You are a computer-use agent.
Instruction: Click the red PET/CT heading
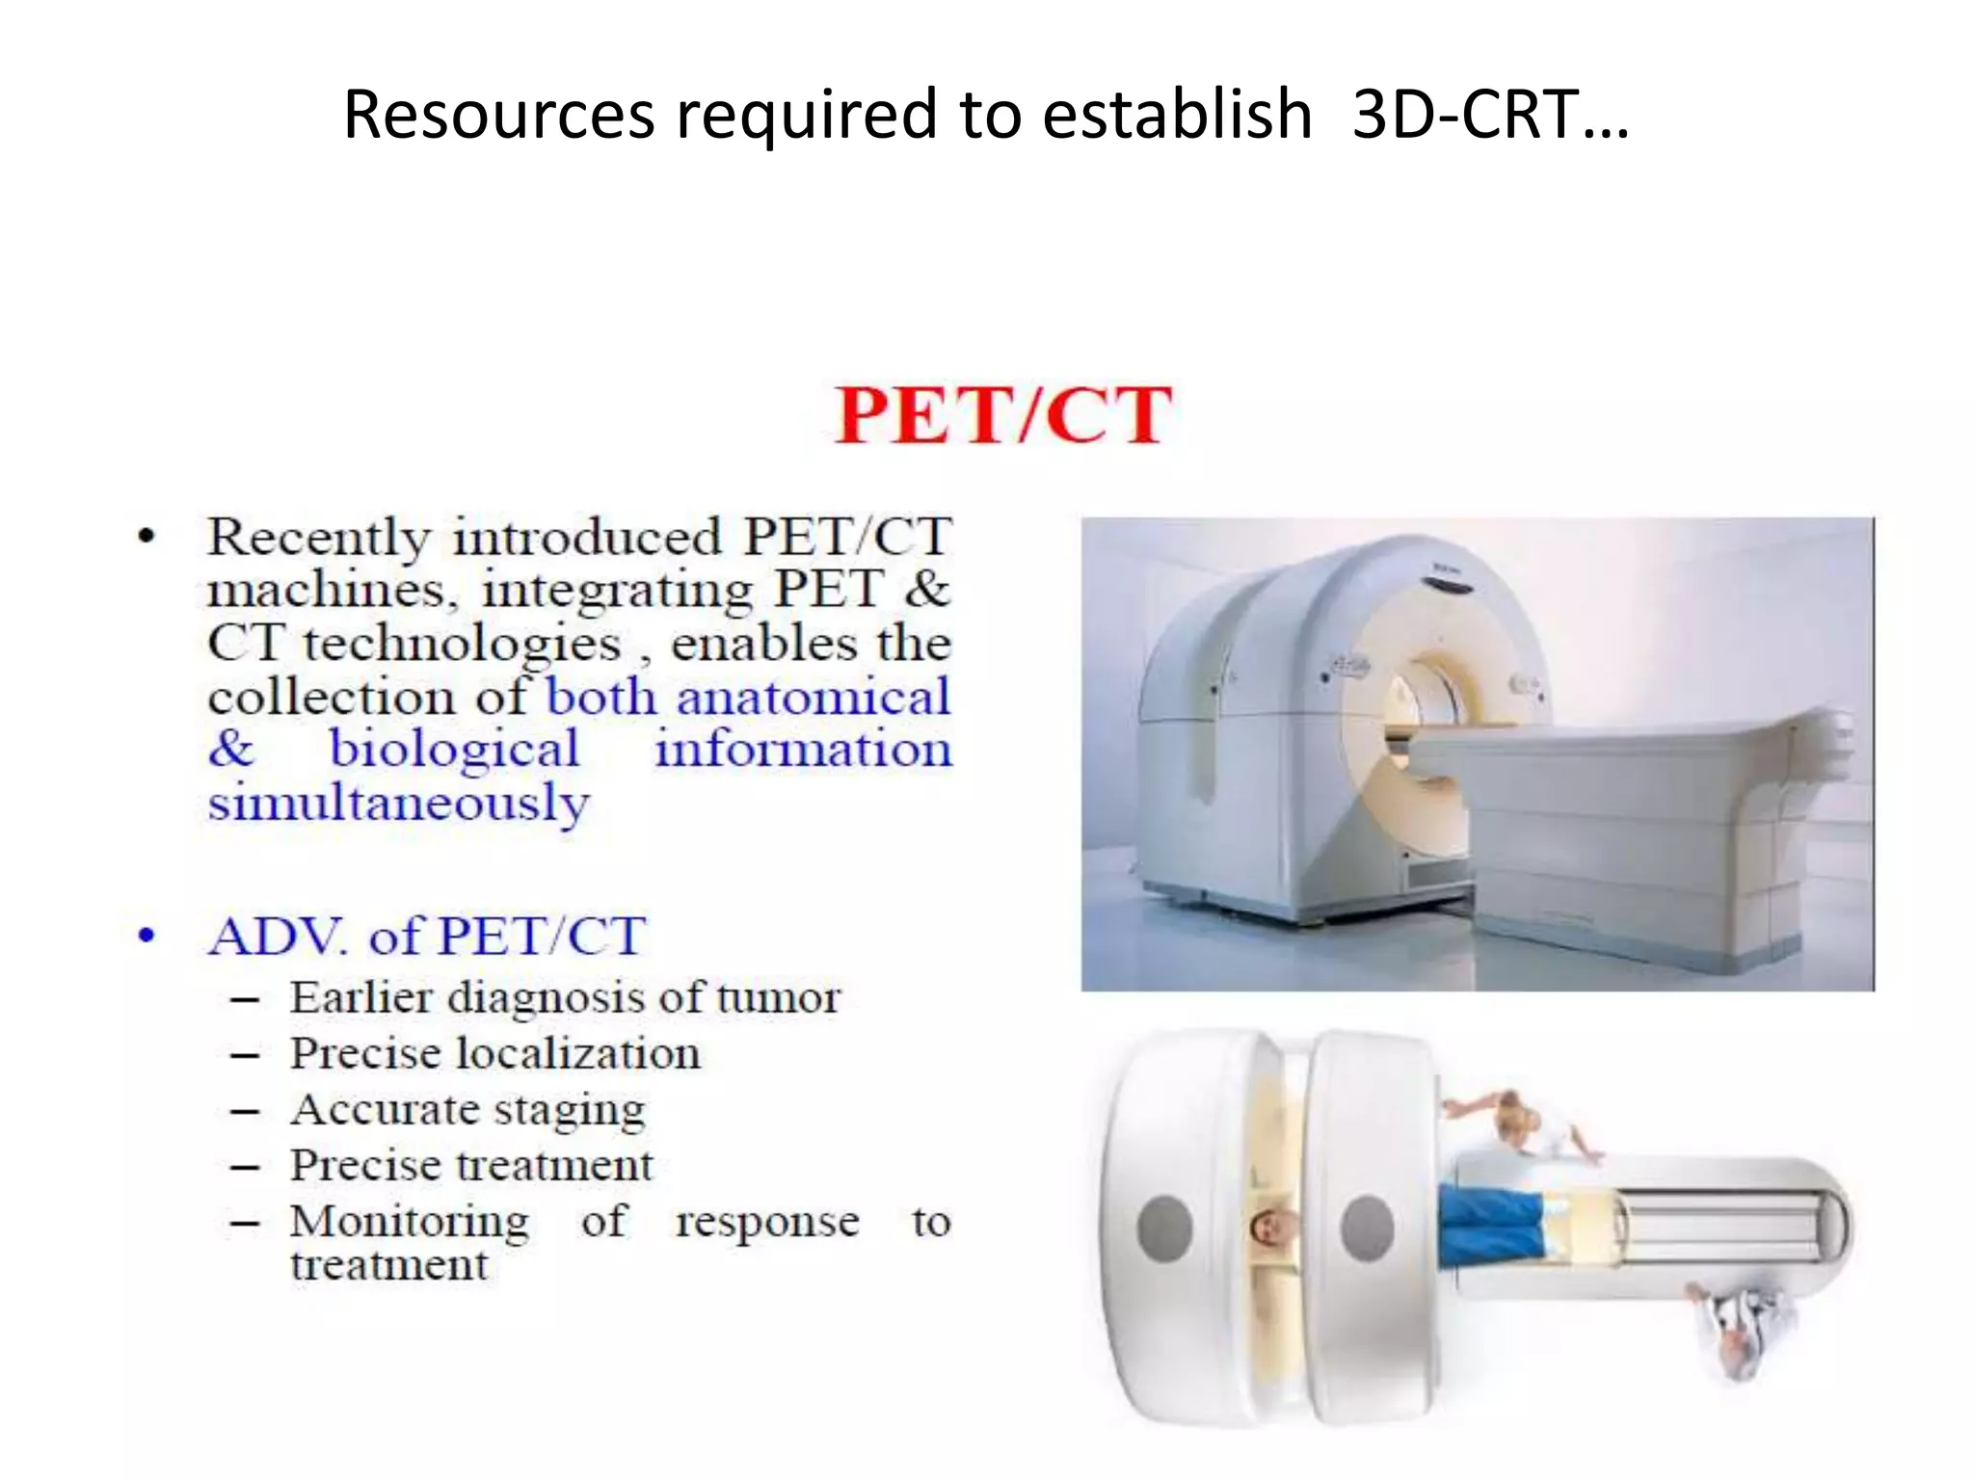tap(1002, 416)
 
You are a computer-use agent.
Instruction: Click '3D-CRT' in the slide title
tap(1465, 114)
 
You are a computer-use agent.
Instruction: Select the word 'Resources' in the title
tap(499, 114)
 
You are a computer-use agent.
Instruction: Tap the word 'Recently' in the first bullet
tap(318, 538)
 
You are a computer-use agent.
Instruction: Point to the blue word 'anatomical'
tap(813, 697)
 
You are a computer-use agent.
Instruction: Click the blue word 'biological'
tap(455, 750)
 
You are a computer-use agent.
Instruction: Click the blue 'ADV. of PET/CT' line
tap(427, 936)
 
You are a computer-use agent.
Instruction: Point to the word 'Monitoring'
tap(410, 1222)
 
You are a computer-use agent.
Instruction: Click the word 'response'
tap(767, 1222)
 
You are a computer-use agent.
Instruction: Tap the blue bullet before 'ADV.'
tap(147, 936)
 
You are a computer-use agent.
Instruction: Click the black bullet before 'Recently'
tap(147, 538)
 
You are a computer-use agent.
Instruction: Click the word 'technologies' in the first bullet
tap(462, 644)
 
